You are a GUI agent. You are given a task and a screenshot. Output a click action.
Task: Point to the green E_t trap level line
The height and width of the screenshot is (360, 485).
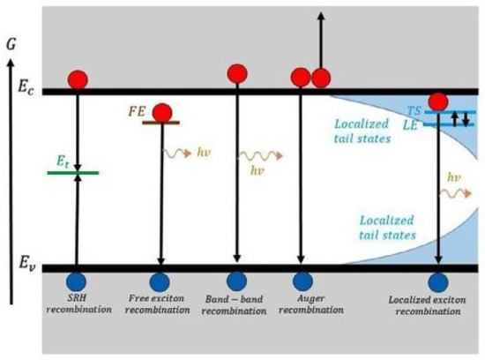(73, 172)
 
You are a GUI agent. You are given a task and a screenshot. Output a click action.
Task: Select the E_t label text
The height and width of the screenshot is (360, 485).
(59, 160)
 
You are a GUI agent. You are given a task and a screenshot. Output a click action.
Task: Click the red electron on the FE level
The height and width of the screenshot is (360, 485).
(161, 112)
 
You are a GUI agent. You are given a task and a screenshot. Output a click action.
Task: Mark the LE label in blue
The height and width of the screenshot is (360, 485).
(413, 125)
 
